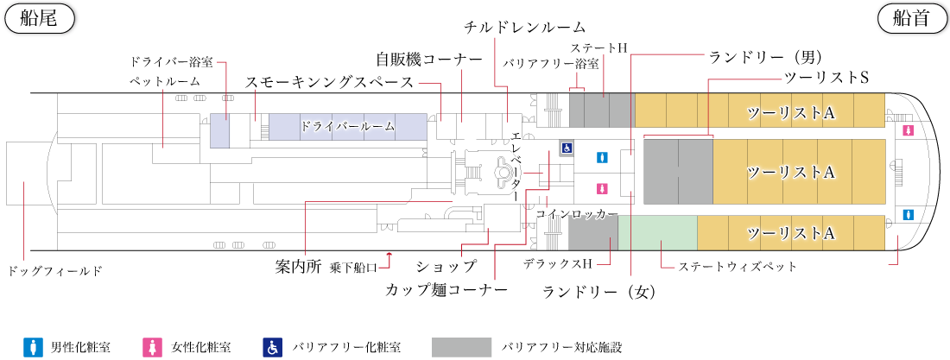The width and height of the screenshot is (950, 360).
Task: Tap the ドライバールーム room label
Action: point(348,126)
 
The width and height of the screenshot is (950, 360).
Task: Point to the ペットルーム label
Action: point(164,81)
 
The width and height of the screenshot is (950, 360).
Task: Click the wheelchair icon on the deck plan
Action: point(567,148)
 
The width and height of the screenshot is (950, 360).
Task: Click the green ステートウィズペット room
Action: point(657,231)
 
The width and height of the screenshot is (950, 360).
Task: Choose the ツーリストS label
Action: point(826,78)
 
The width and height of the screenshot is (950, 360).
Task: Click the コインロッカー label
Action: point(577,213)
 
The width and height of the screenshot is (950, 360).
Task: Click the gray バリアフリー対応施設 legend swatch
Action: point(460,347)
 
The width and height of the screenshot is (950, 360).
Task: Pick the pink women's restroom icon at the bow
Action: point(908,130)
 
